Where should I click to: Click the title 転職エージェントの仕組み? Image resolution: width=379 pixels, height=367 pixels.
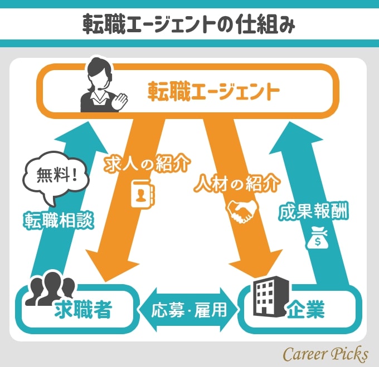coord(189,24)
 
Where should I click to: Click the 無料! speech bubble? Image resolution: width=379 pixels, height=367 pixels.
coord(55,179)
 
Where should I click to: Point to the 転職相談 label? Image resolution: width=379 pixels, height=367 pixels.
coord(58,220)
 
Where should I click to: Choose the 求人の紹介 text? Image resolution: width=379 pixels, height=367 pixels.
coord(148,165)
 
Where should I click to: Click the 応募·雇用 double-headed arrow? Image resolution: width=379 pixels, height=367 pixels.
coord(189,309)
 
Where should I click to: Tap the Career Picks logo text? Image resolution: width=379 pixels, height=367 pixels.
coord(325,353)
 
